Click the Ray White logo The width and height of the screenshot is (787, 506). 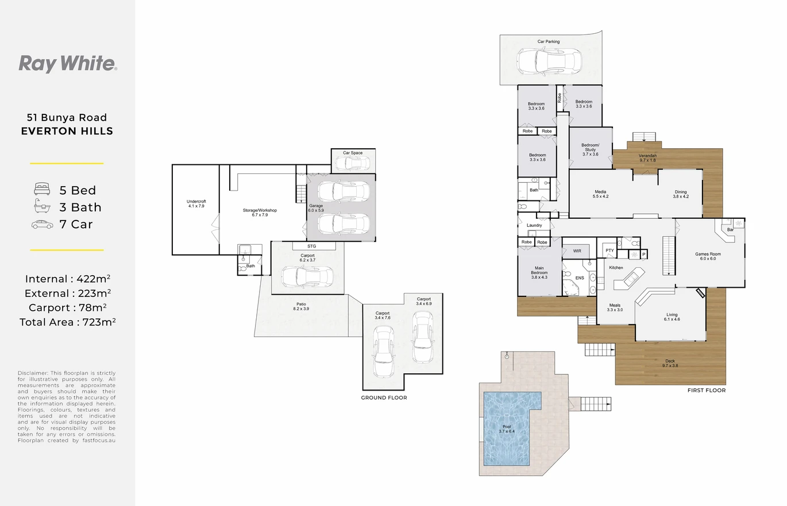[x=68, y=64]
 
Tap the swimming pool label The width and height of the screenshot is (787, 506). [x=507, y=428]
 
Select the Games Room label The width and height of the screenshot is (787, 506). [x=708, y=256]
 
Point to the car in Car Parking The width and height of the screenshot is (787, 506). [x=549, y=61]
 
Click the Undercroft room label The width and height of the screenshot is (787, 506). [x=196, y=204]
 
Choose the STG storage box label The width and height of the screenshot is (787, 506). [x=311, y=246]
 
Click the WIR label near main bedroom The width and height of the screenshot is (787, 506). [x=577, y=251]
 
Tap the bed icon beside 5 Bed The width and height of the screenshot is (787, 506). [x=42, y=189]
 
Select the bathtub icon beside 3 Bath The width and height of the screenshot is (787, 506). [x=42, y=206]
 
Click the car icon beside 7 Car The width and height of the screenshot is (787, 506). [x=42, y=224]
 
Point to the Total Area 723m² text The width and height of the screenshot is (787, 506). [x=68, y=322]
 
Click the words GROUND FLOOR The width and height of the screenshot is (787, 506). [x=384, y=398]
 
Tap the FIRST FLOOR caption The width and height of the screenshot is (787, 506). [x=707, y=391]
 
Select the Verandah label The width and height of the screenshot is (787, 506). [x=647, y=158]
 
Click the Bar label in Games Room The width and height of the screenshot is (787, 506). [x=731, y=230]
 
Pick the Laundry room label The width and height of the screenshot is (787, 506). [x=534, y=225]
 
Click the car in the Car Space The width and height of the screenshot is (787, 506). [x=352, y=163]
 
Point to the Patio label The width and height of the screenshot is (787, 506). [x=301, y=306]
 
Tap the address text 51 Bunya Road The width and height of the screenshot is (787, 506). [x=67, y=117]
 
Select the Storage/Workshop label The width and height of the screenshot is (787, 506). [x=260, y=213]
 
